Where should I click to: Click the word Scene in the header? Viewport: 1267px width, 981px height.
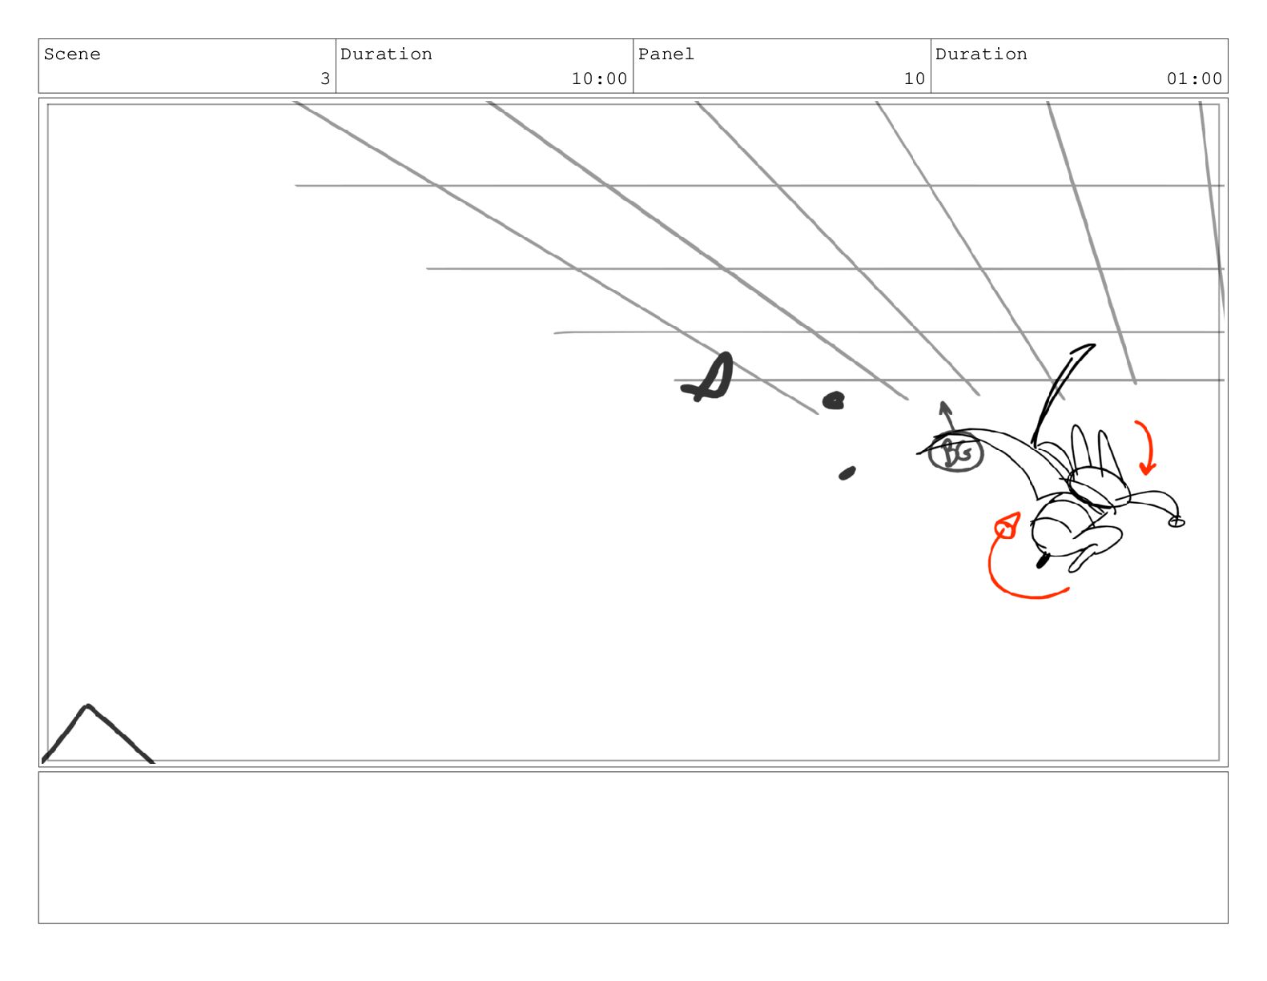point(72,54)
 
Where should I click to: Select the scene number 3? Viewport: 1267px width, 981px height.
point(325,78)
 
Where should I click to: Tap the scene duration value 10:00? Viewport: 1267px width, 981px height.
point(599,78)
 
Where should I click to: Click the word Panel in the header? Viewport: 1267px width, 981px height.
point(666,54)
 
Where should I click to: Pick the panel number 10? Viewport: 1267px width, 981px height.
point(914,78)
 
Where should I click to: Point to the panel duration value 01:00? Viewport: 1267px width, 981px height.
point(1194,78)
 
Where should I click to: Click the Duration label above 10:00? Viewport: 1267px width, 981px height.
point(386,54)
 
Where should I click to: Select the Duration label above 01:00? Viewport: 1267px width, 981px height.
point(981,54)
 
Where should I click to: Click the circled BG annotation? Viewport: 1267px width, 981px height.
point(955,453)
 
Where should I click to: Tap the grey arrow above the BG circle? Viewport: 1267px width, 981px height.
point(947,416)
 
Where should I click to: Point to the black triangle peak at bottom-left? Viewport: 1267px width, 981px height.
point(87,706)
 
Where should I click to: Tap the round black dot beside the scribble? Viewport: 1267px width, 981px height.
point(833,400)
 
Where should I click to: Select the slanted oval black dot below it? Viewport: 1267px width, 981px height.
point(847,473)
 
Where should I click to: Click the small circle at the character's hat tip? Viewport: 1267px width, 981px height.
point(1176,522)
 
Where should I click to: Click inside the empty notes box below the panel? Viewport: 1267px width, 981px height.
point(633,847)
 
